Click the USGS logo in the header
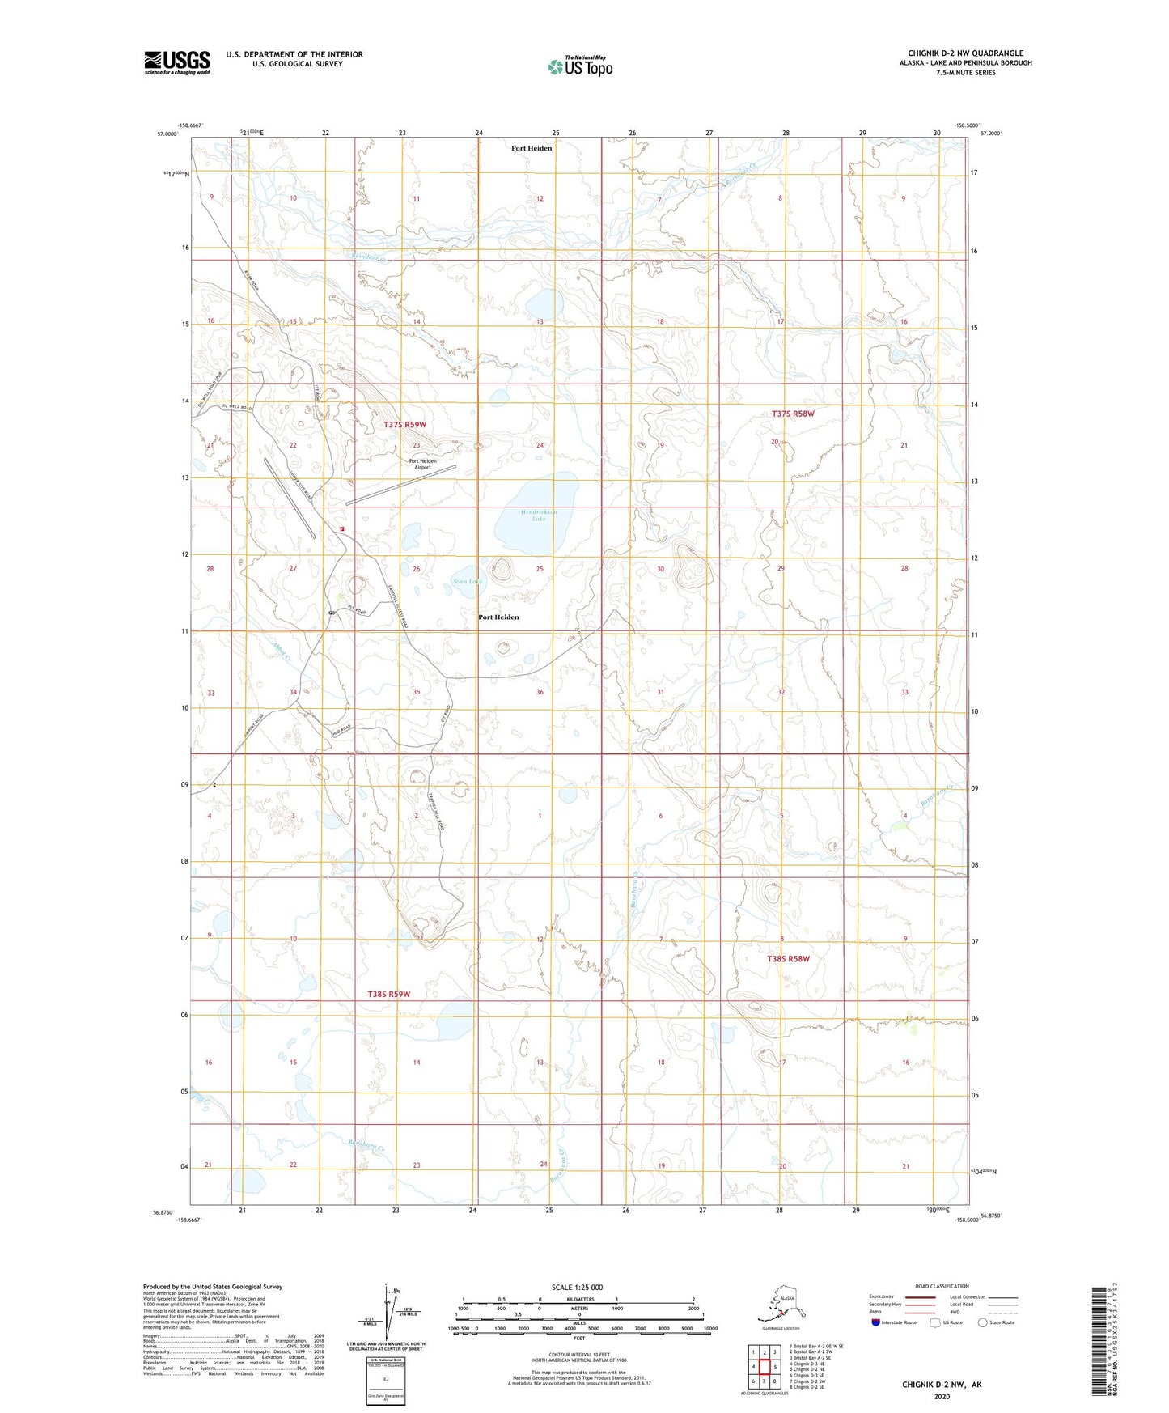[176, 62]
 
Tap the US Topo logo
[579, 66]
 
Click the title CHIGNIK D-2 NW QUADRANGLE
[965, 53]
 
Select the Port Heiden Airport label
[422, 464]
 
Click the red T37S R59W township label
[404, 424]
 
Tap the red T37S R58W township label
[792, 414]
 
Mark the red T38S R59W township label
[388, 994]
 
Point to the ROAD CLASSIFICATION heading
[942, 1286]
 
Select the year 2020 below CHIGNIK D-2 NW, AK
[942, 1397]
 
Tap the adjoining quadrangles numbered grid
[764, 1368]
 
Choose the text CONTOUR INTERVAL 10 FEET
[578, 1353]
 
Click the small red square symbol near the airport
[342, 529]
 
